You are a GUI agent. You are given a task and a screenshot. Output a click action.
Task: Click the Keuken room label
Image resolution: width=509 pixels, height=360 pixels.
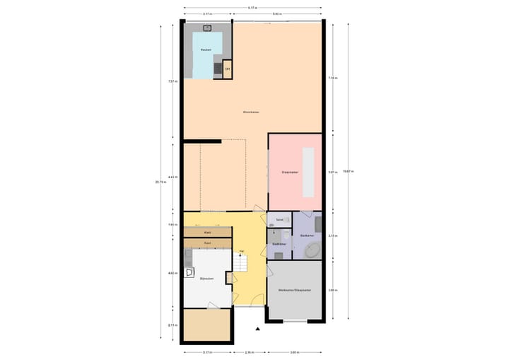coord(206,50)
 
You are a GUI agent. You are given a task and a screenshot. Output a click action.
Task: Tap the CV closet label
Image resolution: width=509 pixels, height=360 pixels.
coord(227,69)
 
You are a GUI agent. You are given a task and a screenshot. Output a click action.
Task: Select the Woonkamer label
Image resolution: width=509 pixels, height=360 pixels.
coord(252,112)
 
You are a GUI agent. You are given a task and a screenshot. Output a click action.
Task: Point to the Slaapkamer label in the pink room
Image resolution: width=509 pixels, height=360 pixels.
coord(290,172)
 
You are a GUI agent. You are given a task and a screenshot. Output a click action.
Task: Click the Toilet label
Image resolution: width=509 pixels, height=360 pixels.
coord(280,220)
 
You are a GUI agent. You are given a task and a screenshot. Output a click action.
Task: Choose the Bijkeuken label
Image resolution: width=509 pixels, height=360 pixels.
coord(207,279)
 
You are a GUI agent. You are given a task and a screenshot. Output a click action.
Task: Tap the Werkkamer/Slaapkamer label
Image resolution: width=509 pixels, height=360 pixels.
coord(293,291)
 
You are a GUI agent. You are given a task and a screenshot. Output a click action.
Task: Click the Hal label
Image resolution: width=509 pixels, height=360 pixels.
coord(242,251)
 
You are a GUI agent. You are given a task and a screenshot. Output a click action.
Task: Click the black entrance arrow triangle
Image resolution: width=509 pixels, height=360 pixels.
coord(259,328)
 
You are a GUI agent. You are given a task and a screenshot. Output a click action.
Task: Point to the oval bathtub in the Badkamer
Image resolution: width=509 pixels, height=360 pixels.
coord(312,250)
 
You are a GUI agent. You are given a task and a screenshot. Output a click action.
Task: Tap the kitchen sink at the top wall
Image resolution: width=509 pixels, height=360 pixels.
coord(207,28)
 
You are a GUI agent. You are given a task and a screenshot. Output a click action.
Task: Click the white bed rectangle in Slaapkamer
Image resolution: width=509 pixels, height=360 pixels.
coord(308,173)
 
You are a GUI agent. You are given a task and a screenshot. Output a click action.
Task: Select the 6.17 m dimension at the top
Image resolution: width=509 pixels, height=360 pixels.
coord(252,8)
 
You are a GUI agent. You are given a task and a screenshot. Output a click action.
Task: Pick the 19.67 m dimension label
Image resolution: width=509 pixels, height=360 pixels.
coord(346,172)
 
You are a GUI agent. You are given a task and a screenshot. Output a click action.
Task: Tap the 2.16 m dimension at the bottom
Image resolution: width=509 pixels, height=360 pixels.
coord(250,352)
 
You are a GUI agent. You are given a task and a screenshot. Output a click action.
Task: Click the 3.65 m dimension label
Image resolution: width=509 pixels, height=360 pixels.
coord(295,352)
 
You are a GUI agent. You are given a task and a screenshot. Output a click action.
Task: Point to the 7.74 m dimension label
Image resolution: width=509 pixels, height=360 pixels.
coord(332,78)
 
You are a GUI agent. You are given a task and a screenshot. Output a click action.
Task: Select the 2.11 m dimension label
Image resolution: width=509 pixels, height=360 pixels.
coord(172,325)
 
